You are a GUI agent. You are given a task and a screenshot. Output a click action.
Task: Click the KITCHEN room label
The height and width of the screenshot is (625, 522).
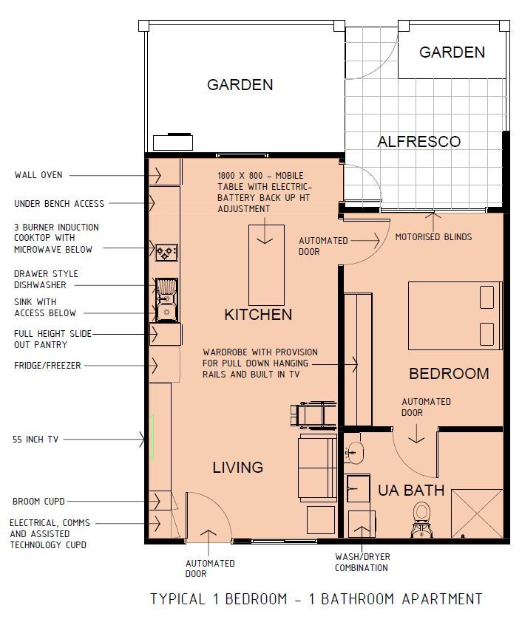[258, 315]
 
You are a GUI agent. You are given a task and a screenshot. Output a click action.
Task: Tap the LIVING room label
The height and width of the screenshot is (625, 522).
[237, 467]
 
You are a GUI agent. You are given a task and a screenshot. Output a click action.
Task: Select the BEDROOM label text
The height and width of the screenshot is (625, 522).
[449, 374]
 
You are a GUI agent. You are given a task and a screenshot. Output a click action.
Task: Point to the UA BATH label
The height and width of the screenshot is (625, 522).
[411, 490]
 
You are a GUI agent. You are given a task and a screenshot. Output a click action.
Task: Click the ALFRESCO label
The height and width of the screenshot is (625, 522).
[418, 142]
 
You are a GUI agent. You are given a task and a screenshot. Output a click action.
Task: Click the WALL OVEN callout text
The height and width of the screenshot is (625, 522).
[38, 175]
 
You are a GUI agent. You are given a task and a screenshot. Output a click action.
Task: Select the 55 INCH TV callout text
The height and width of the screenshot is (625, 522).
[36, 440]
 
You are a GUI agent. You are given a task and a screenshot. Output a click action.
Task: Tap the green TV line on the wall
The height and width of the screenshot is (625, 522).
[152, 437]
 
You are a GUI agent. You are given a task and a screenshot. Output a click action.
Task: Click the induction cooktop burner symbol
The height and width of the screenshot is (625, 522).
[166, 253]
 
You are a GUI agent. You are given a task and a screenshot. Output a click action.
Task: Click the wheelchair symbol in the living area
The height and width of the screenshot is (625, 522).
[307, 415]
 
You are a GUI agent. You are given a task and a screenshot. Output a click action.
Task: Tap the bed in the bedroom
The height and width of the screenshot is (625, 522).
[455, 315]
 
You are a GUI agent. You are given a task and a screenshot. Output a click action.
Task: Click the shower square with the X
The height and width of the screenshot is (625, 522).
[476, 513]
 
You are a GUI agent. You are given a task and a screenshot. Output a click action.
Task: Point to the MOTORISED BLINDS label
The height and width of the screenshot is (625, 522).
[433, 237]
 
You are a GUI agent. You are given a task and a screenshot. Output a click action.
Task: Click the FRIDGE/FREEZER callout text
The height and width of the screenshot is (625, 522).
[47, 366]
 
